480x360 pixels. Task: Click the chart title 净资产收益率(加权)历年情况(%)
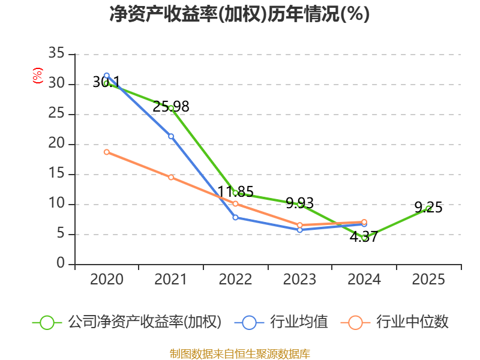click(239, 14)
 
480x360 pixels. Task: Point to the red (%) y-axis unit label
click(38, 76)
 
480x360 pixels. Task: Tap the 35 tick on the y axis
click(56, 54)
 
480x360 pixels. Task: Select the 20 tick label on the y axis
click(56, 144)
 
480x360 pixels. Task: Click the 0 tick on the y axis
click(61, 264)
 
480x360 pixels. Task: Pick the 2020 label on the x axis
click(106, 280)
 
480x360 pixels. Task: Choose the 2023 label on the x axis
click(300, 280)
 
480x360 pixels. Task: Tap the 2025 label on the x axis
click(428, 280)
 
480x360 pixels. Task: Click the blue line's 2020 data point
click(106, 76)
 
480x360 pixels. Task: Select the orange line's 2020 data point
click(106, 152)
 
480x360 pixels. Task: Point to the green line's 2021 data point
click(171, 108)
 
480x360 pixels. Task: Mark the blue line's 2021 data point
click(171, 136)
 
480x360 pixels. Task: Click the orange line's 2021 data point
click(171, 177)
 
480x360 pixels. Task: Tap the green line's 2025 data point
click(428, 208)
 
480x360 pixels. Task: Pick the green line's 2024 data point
click(364, 238)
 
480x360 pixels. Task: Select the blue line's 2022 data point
click(235, 217)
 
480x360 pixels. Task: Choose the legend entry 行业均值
click(286, 322)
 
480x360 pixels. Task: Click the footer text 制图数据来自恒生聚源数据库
click(239, 353)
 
